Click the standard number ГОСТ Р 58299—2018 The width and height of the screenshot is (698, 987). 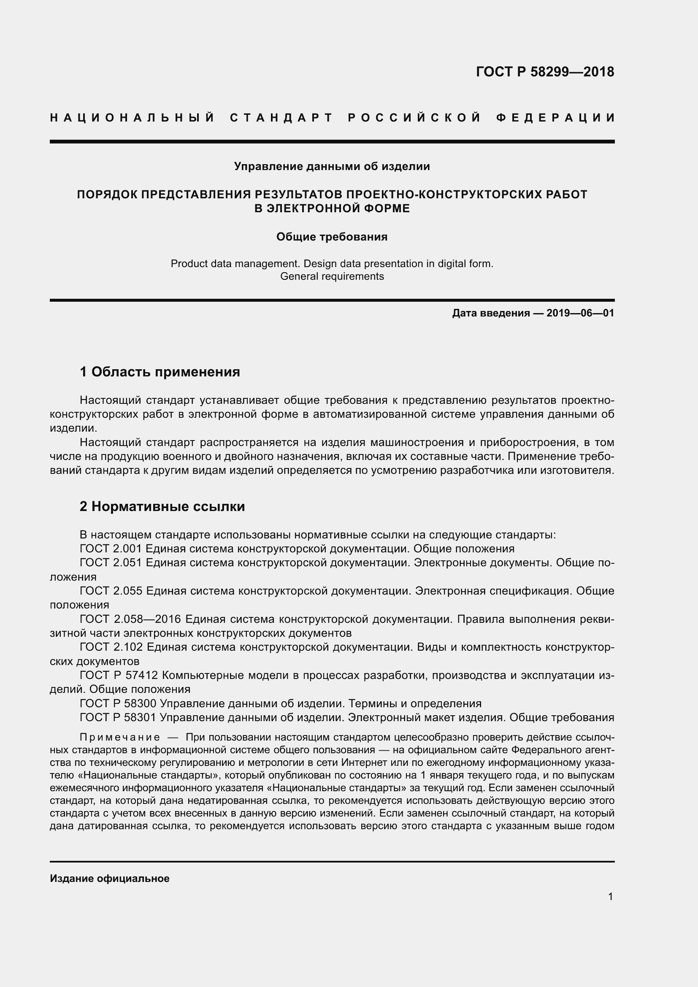pyautogui.click(x=544, y=72)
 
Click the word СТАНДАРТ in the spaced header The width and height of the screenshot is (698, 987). pyautogui.click(x=281, y=118)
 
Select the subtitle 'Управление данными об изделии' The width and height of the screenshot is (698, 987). pyautogui.click(x=332, y=166)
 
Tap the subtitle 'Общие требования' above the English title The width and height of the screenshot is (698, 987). pyautogui.click(x=332, y=237)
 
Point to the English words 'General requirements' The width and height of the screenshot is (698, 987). pyautogui.click(x=332, y=276)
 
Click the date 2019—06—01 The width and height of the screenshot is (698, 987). pyautogui.click(x=580, y=314)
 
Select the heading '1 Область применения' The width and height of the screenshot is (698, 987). pyautogui.click(x=160, y=372)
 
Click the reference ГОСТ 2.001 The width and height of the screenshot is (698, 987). pyautogui.click(x=111, y=549)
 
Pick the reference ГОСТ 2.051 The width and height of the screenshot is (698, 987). pyautogui.click(x=111, y=563)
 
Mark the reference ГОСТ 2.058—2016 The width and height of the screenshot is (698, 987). pyautogui.click(x=131, y=619)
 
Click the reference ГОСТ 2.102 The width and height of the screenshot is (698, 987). pyautogui.click(x=111, y=647)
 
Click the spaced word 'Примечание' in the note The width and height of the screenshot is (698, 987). pyautogui.click(x=120, y=738)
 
